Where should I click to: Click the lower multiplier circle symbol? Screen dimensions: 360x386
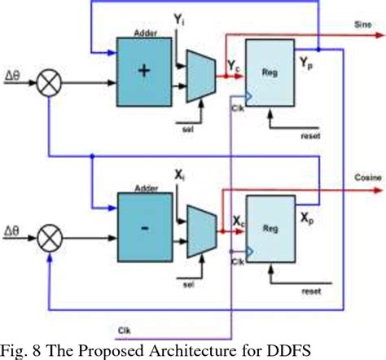(50, 241)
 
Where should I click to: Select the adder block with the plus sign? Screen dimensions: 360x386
(145, 71)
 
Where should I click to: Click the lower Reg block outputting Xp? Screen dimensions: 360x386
(273, 230)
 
